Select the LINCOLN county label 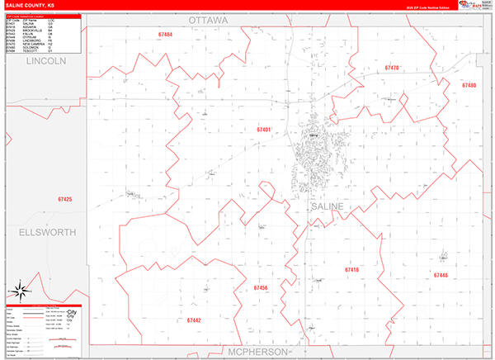[45, 62]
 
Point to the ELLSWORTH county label [41, 231]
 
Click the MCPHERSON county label [257, 351]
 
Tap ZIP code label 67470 [392, 68]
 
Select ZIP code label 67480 [469, 85]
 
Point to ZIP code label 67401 [264, 130]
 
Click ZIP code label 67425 [65, 199]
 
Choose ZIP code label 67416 [352, 269]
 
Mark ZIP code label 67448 [440, 275]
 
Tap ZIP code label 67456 [261, 287]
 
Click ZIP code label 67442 [194, 320]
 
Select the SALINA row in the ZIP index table [25, 22]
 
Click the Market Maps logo [474, 5]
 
